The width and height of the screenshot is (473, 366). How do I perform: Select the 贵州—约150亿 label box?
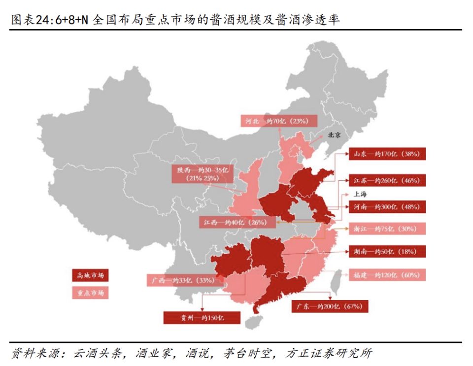pos(202,317)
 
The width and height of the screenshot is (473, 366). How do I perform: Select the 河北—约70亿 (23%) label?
pos(278,121)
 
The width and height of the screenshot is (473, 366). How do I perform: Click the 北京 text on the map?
pos(335,134)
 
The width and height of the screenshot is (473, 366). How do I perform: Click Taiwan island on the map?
pos(336,285)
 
